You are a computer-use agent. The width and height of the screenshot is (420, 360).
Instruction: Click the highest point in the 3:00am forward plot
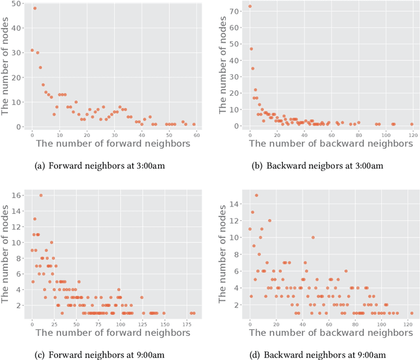pos(35,9)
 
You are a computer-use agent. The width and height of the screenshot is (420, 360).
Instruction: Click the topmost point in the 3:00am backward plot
pos(250,7)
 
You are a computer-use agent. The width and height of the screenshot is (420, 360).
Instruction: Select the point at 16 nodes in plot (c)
pos(41,195)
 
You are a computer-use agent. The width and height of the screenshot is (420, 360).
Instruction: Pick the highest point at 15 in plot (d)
pos(257,195)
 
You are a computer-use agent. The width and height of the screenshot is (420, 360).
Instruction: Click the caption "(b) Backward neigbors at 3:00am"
pos(316,165)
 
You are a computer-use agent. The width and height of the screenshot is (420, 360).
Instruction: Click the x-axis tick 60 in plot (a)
pos(196,134)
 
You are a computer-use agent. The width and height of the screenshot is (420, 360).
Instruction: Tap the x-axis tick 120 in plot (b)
pos(411,134)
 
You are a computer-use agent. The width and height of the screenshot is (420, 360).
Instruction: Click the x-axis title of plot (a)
pos(113,144)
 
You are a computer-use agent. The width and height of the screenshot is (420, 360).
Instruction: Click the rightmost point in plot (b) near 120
pos(411,124)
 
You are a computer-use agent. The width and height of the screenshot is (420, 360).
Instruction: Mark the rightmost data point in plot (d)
pos(411,313)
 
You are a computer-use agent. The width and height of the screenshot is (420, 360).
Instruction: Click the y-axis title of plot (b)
pos(223,66)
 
